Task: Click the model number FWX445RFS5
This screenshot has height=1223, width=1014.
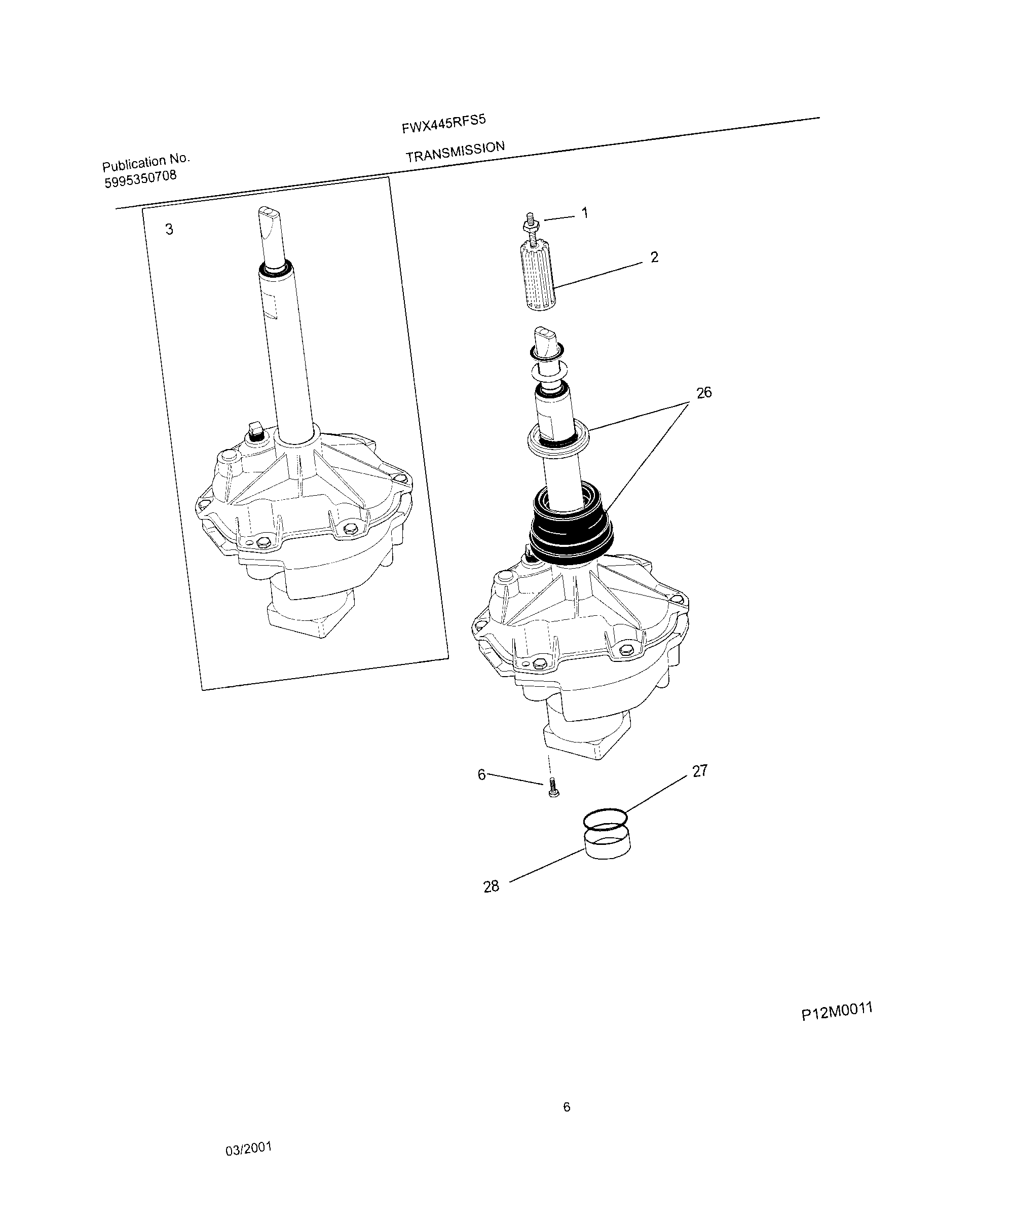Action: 443,124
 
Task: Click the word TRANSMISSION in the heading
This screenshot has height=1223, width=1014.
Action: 455,152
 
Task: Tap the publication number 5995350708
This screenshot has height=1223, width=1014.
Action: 140,179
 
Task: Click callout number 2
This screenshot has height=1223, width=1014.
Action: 654,257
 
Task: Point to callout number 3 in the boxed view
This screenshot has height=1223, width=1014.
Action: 169,230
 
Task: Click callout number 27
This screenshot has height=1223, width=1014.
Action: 699,770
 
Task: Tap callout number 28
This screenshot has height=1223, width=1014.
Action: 491,886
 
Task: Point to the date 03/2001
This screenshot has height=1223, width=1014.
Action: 249,1148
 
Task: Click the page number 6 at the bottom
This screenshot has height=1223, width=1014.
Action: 566,1107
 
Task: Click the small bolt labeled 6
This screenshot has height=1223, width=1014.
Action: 553,788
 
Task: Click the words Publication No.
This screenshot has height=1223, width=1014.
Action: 146,162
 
